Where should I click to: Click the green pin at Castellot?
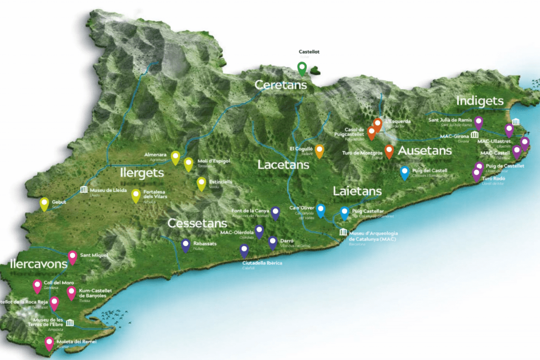[302, 68]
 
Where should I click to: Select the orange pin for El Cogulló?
[320, 150]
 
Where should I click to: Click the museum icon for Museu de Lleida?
[83, 190]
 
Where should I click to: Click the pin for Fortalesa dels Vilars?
[136, 196]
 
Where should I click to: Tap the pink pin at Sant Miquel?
[72, 257]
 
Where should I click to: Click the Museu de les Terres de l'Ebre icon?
[70, 323]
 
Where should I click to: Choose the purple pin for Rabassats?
[186, 245]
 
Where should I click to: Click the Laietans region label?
[357, 191]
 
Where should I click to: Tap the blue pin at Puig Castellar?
[344, 212]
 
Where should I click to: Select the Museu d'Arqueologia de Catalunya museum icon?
[343, 233]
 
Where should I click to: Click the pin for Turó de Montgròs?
[389, 151]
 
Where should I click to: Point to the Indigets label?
[480, 101]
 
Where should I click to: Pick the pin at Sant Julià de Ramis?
[478, 122]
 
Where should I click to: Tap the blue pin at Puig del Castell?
[404, 172]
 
